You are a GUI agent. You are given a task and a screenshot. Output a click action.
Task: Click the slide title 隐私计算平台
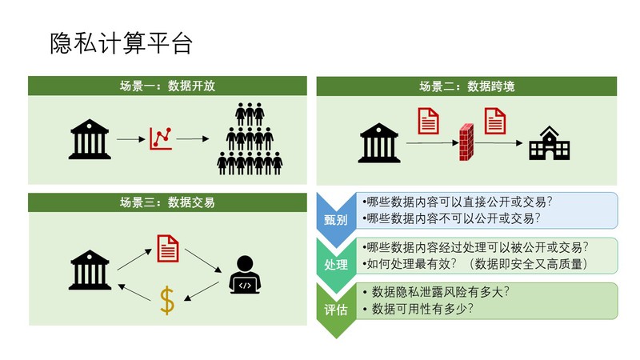pos(121,42)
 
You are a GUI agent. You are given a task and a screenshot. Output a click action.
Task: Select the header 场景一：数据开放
pos(167,86)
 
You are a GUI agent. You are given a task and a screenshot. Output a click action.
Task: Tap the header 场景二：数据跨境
pos(467,86)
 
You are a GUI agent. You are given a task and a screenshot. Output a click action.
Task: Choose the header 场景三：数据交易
pos(167,202)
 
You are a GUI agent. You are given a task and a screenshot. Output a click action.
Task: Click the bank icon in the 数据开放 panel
pos(90,139)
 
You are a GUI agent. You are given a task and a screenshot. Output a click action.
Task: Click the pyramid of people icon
pos(250,139)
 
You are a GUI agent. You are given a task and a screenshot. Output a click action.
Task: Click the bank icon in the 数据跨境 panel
pos(380,143)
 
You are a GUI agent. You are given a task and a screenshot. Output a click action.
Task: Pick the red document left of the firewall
pos(430,120)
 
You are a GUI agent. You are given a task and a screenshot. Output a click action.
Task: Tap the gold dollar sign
pos(166,300)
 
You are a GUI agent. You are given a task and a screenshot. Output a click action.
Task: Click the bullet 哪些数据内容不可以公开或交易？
pos(451,218)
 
